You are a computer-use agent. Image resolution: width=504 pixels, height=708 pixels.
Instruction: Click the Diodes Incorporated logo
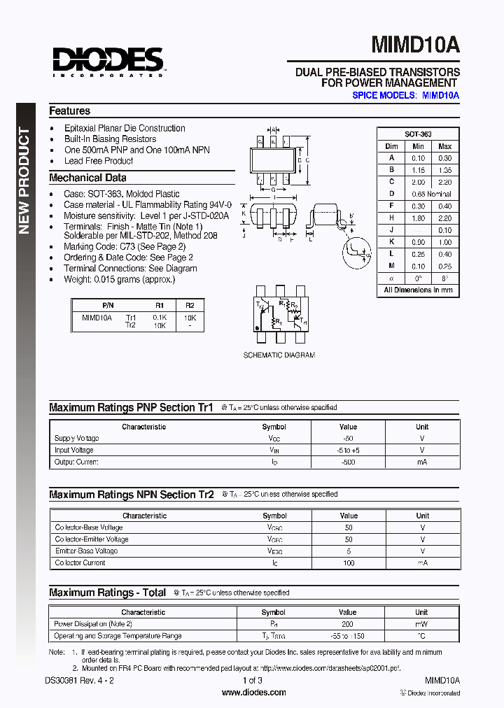pyautogui.click(x=107, y=62)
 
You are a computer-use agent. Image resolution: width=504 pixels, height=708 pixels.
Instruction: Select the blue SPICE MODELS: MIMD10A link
pyautogui.click(x=405, y=94)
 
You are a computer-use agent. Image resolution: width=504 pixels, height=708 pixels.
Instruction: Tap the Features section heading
pyautogui.click(x=69, y=111)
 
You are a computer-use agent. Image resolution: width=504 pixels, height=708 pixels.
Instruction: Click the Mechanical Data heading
pyautogui.click(x=87, y=178)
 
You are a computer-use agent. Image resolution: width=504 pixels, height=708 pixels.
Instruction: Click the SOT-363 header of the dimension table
pyautogui.click(x=418, y=134)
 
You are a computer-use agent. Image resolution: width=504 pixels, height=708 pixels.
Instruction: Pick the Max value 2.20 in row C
pyautogui.click(x=444, y=182)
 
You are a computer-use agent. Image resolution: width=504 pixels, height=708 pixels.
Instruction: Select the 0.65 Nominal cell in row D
pyautogui.click(x=431, y=194)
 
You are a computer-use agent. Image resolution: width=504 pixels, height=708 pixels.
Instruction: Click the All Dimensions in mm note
pyautogui.click(x=418, y=290)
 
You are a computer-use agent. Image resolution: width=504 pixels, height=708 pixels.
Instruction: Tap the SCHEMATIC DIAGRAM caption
pyautogui.click(x=279, y=355)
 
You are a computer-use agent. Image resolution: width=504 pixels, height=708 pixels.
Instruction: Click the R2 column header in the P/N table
pyautogui.click(x=190, y=306)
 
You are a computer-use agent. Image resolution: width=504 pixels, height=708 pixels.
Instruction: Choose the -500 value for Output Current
pyautogui.click(x=348, y=462)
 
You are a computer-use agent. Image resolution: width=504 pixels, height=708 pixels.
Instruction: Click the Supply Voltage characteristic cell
pyautogui.click(x=77, y=438)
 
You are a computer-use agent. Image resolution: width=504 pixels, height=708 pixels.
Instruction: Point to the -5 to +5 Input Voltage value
pyautogui.click(x=348, y=450)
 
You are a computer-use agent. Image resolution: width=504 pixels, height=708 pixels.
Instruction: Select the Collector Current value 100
pyautogui.click(x=348, y=562)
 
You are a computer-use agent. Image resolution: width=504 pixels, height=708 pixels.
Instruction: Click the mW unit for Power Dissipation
pyautogui.click(x=421, y=623)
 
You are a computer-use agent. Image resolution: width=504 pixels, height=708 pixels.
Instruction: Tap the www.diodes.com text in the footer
pyautogui.click(x=253, y=693)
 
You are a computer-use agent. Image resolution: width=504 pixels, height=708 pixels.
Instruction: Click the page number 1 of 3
pyautogui.click(x=252, y=680)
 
